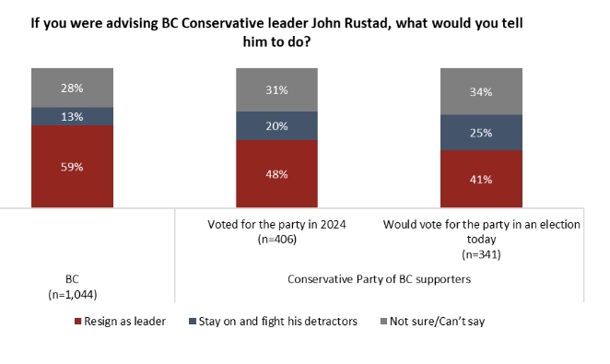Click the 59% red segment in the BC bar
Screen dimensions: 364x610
[x=72, y=166]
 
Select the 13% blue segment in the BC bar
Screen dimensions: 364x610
[x=72, y=116]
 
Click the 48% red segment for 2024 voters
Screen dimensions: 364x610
[x=276, y=173]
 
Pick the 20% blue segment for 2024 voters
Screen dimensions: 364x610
[x=276, y=125]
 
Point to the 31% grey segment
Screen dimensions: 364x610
[x=276, y=89]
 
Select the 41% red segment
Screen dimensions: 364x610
[x=481, y=179]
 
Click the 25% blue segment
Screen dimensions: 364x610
[x=481, y=133]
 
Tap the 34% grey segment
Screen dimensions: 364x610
[x=481, y=92]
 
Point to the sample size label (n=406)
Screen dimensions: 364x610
[x=276, y=239]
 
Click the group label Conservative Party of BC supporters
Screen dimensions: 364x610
[x=379, y=278]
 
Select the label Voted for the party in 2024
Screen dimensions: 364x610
[x=276, y=224]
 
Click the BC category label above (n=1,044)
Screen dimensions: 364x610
[x=72, y=278]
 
